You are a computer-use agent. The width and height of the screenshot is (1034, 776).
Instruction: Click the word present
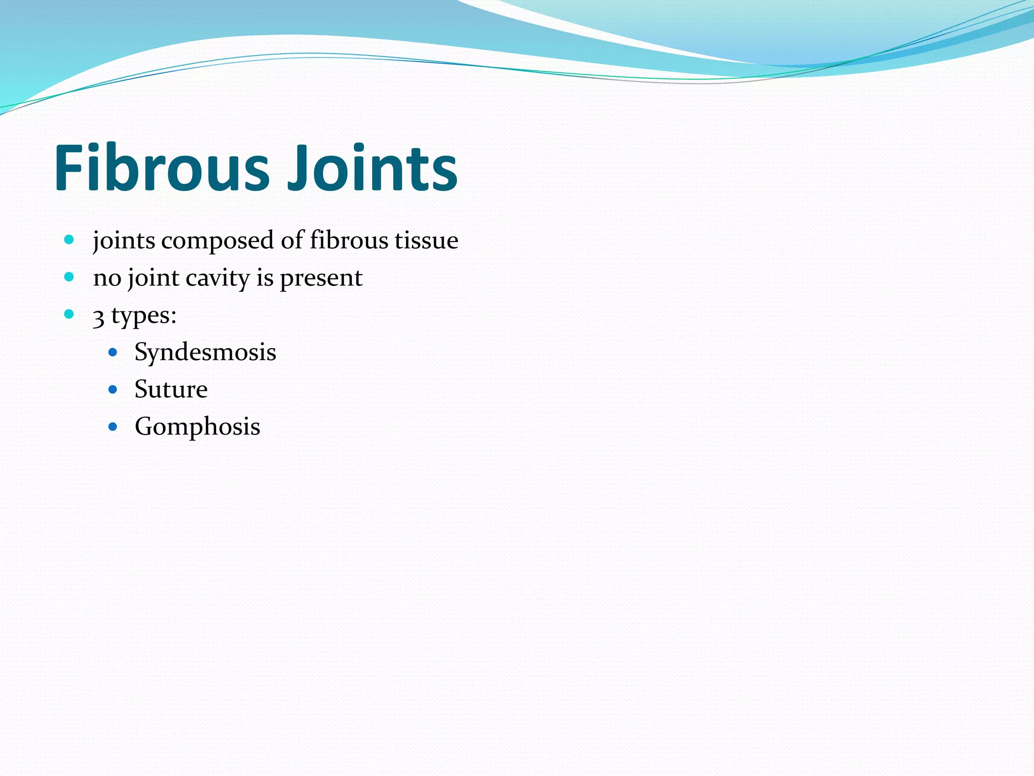tap(321, 278)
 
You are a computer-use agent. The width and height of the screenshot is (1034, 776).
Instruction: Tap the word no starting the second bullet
tap(107, 278)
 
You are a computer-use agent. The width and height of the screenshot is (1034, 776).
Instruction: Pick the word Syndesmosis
tap(205, 352)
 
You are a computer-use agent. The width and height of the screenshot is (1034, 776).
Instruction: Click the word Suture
tap(171, 390)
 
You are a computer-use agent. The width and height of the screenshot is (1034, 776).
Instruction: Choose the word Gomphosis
tap(197, 427)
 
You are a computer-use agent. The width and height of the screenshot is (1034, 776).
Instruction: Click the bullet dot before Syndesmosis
tap(113, 352)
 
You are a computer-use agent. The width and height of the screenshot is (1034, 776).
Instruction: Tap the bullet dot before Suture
tap(113, 390)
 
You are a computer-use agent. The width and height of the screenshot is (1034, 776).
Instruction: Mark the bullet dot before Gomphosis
tap(113, 427)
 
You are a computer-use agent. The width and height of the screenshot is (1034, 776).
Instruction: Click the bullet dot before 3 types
tap(69, 314)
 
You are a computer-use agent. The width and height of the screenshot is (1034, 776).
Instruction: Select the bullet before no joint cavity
tap(69, 277)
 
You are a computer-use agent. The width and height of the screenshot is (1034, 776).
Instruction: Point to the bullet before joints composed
tap(69, 239)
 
